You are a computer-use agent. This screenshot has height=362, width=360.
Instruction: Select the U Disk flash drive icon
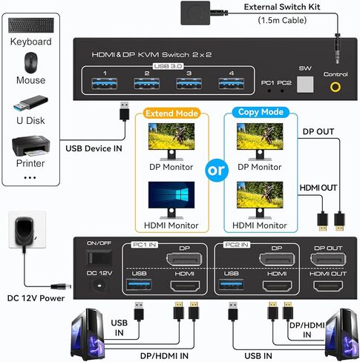[30, 102]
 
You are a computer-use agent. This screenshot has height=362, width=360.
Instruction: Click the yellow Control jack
[336, 86]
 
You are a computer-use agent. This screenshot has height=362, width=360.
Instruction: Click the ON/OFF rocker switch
[95, 257]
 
